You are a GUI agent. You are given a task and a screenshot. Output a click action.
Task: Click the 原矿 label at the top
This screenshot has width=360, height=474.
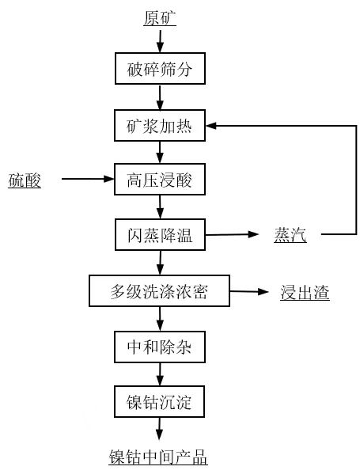coord(160,18)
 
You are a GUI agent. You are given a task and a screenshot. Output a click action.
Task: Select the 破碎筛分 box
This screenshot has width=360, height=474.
coord(160,69)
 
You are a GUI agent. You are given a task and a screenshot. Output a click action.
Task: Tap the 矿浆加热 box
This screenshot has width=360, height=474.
coord(160,126)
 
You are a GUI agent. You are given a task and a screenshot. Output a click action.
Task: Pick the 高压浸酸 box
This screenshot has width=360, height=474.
coord(160,180)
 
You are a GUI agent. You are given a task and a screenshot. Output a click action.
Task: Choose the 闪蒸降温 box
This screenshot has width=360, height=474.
coord(160,234)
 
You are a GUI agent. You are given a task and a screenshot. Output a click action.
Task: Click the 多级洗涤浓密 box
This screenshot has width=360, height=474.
coord(159,290)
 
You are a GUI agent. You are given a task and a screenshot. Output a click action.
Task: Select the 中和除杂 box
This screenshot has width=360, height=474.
coord(160,347)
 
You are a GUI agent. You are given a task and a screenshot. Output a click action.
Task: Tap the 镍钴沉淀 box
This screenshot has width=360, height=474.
coord(159,402)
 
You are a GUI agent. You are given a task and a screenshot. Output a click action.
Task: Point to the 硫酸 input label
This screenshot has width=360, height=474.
coord(25,180)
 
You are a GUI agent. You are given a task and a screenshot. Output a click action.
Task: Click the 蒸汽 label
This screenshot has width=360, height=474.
coord(290,235)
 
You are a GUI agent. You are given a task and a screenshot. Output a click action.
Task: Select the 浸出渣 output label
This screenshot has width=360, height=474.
coord(305,293)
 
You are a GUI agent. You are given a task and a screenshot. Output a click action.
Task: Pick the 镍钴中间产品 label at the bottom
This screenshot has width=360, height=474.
coord(158,457)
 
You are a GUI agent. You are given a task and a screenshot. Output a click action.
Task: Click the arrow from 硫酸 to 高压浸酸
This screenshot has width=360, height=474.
coord(88,179)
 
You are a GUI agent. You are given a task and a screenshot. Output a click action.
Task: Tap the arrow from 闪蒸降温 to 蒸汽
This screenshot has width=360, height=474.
coord(232,234)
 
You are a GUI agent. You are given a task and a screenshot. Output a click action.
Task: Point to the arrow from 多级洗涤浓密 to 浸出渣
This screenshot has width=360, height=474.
coord(249,291)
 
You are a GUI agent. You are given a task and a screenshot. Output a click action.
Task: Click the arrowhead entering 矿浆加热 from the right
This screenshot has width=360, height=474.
coord(211,126)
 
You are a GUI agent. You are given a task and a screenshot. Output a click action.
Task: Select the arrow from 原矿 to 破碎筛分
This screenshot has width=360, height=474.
coord(160,41)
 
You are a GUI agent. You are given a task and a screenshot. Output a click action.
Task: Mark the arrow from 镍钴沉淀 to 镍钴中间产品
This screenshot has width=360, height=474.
coord(160,429)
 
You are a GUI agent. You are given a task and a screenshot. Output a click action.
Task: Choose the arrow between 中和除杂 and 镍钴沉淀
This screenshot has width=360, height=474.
coord(160,374)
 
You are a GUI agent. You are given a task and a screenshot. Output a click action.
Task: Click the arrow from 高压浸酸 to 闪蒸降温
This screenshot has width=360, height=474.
coord(160,207)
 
